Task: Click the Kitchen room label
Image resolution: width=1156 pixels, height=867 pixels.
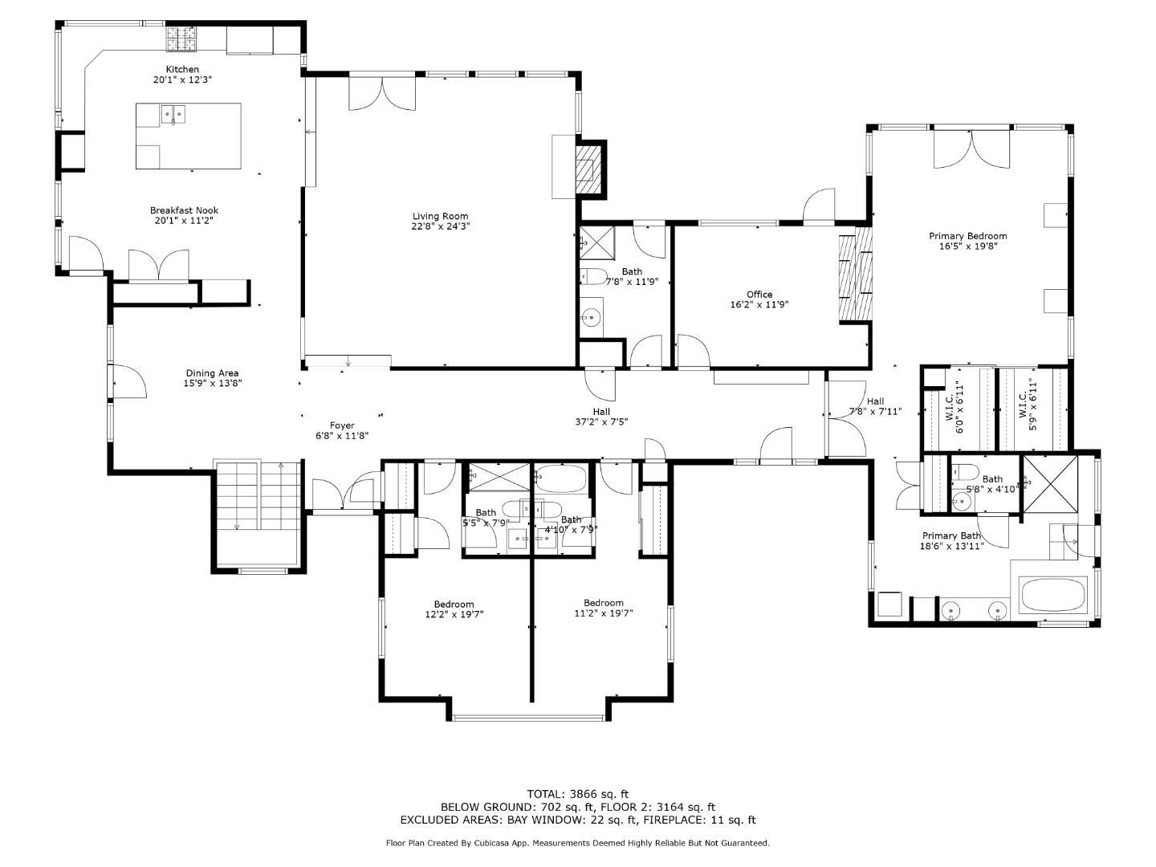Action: (x=182, y=70)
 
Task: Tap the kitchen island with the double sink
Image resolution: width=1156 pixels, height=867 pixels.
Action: (x=188, y=136)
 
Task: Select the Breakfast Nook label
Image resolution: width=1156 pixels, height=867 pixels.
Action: (x=184, y=210)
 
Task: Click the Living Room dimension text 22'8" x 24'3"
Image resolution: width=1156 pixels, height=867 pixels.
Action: (x=440, y=226)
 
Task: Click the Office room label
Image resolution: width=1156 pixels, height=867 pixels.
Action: (x=759, y=295)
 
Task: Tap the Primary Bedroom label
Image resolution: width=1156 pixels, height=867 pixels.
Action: (x=967, y=236)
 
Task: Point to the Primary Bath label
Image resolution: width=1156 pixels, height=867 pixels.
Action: (x=951, y=536)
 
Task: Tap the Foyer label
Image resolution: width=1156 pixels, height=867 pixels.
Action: (x=342, y=425)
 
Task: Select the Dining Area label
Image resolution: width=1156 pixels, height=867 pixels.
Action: (x=212, y=373)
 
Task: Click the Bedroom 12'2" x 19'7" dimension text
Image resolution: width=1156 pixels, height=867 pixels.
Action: (x=454, y=614)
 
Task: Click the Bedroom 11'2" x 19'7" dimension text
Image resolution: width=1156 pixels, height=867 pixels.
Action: (x=604, y=613)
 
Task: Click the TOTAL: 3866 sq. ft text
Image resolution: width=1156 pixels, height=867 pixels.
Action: (x=577, y=794)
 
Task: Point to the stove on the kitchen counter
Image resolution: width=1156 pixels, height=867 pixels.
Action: (x=182, y=37)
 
